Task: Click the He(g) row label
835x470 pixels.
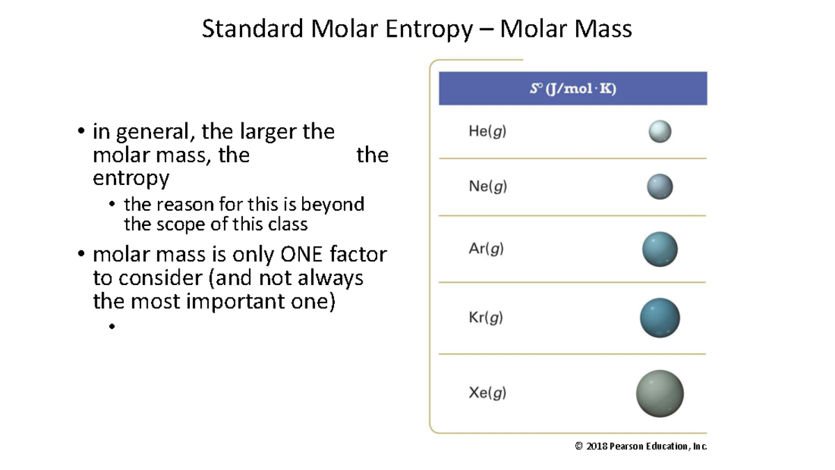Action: (x=487, y=131)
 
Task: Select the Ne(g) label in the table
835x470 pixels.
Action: (x=488, y=186)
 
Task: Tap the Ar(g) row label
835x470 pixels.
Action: (x=486, y=249)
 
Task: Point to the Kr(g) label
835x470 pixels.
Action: (x=486, y=318)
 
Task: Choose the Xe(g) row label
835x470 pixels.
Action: (x=487, y=393)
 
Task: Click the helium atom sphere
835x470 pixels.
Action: (x=660, y=131)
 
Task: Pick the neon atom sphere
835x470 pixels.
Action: (x=660, y=186)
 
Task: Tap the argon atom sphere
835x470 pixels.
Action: (x=660, y=250)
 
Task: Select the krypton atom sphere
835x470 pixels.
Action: (x=660, y=318)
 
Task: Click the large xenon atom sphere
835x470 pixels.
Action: (x=660, y=394)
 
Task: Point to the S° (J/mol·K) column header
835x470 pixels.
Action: (x=573, y=89)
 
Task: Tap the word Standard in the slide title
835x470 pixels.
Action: (x=253, y=29)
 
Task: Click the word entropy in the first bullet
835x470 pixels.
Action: (x=131, y=179)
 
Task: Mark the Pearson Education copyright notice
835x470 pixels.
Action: (x=641, y=446)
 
